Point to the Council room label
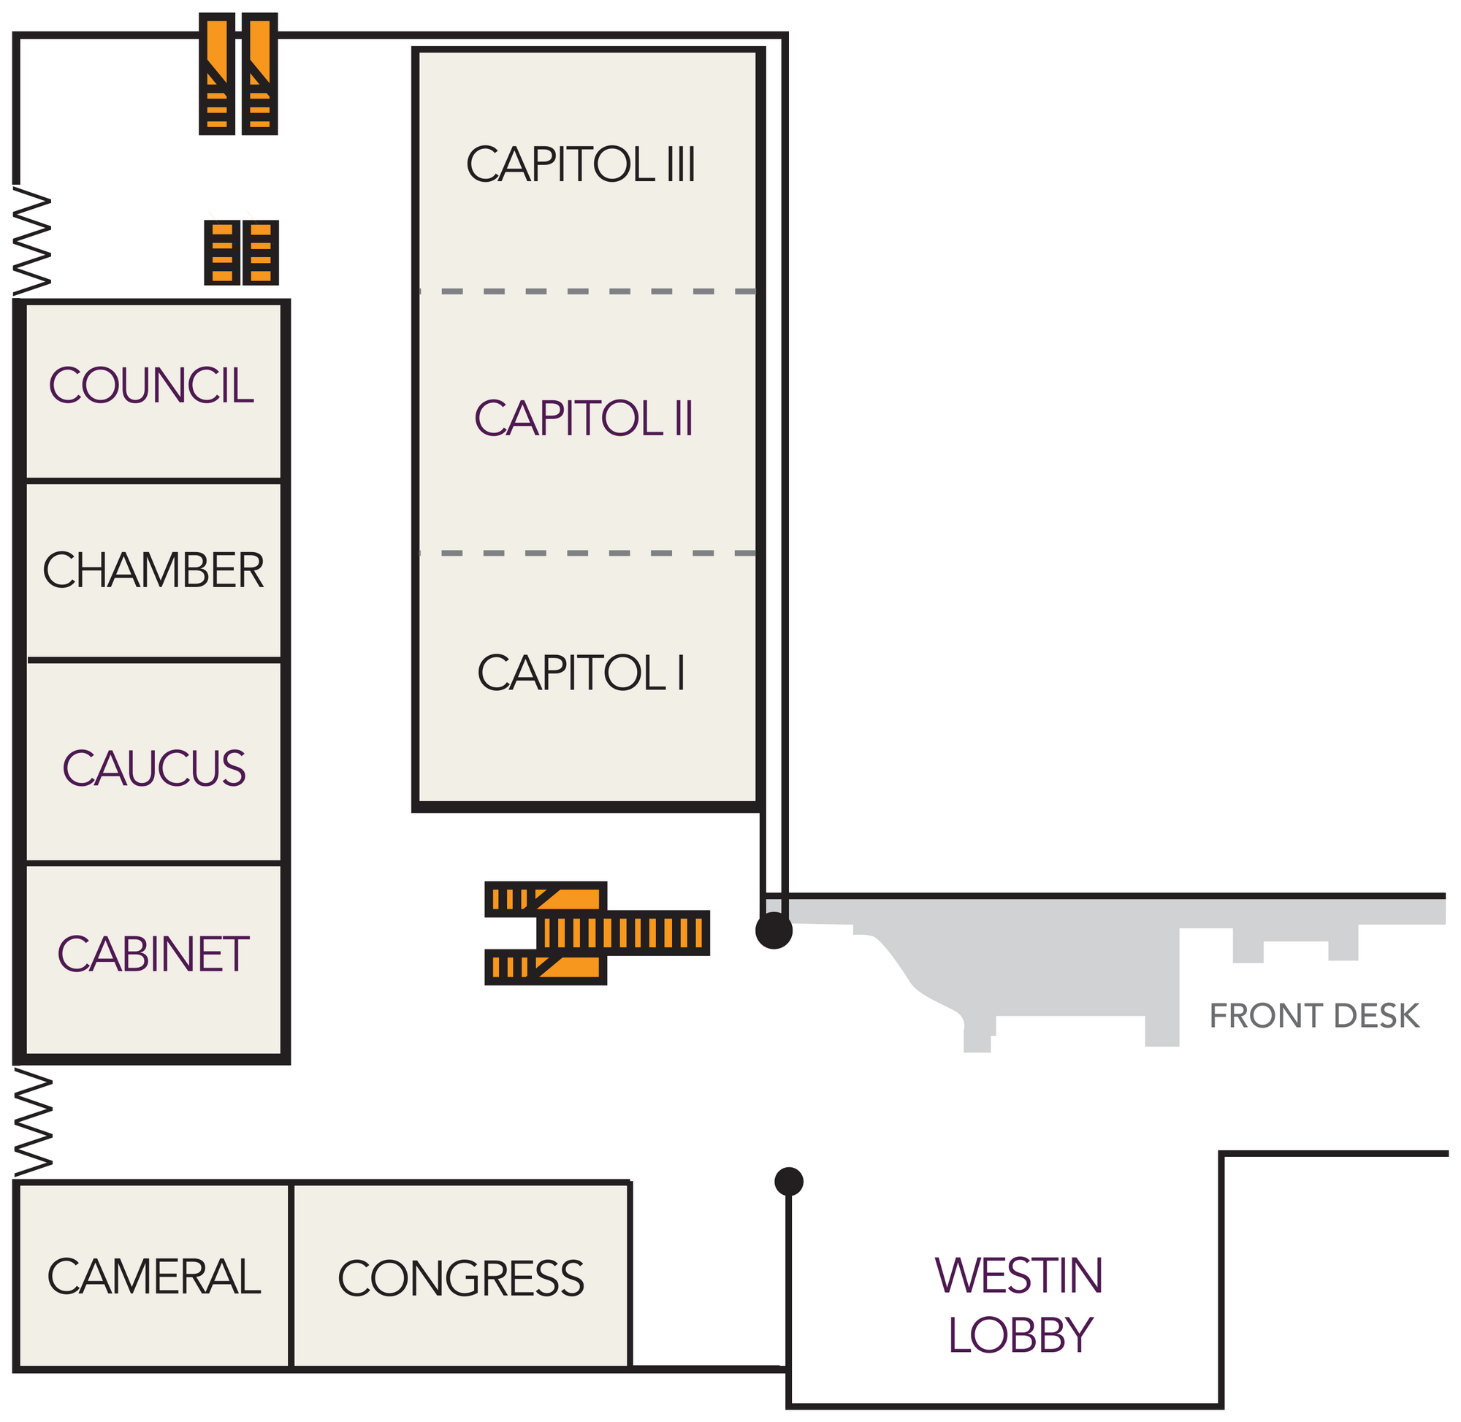152,386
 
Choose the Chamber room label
153,570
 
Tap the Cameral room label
154,1277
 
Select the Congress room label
461,1278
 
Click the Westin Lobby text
1020,1304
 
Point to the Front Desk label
1314,1016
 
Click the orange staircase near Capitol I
597,933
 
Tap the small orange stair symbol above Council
241,252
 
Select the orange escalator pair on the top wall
238,74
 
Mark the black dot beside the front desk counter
774,930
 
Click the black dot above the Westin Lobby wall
789,1182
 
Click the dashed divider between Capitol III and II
588,291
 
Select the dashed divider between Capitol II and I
588,554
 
